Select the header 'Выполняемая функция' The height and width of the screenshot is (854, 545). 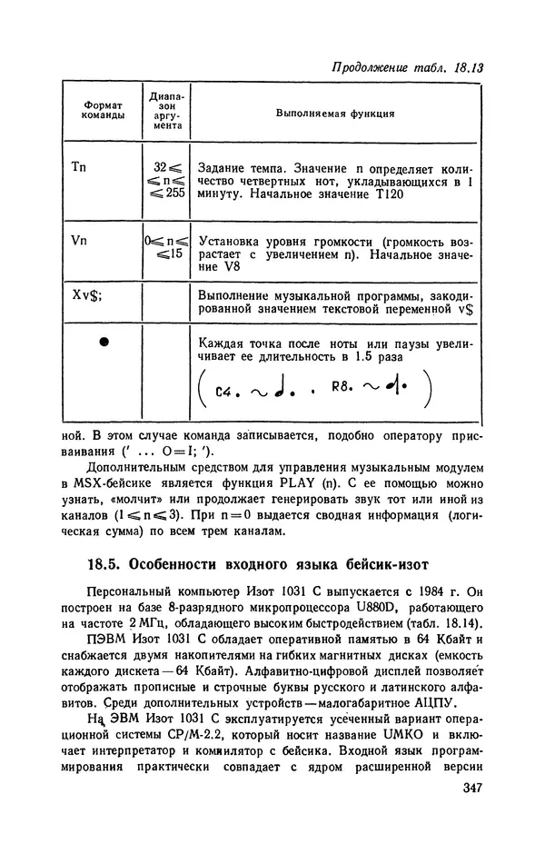coord(333,114)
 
